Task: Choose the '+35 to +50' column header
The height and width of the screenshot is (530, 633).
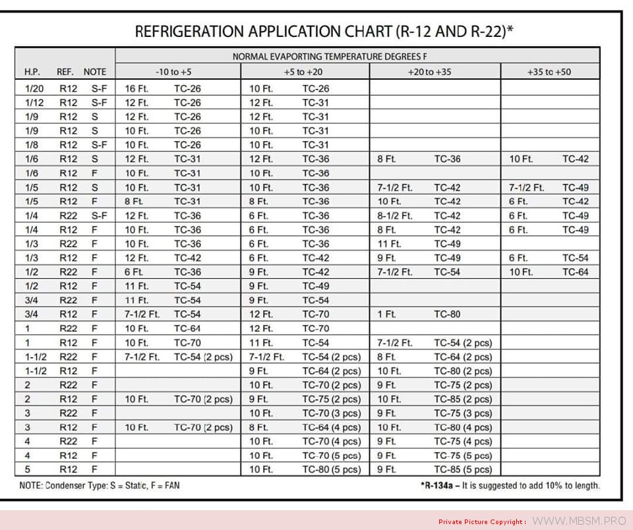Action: pyautogui.click(x=549, y=72)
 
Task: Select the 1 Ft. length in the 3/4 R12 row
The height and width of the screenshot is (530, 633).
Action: pyautogui.click(x=386, y=314)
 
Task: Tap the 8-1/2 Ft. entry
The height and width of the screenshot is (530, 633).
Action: pyautogui.click(x=394, y=216)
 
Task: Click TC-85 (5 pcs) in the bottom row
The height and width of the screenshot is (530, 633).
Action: pyautogui.click(x=462, y=470)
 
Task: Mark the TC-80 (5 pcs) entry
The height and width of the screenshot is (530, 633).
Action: pyautogui.click(x=331, y=470)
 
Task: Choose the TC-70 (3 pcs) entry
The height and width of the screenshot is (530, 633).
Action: pyautogui.click(x=331, y=413)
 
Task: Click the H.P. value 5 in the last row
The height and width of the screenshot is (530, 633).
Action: pyautogui.click(x=28, y=470)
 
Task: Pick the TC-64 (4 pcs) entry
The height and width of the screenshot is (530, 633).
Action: pyautogui.click(x=331, y=427)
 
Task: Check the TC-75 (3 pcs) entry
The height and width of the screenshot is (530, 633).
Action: pyautogui.click(x=462, y=413)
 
